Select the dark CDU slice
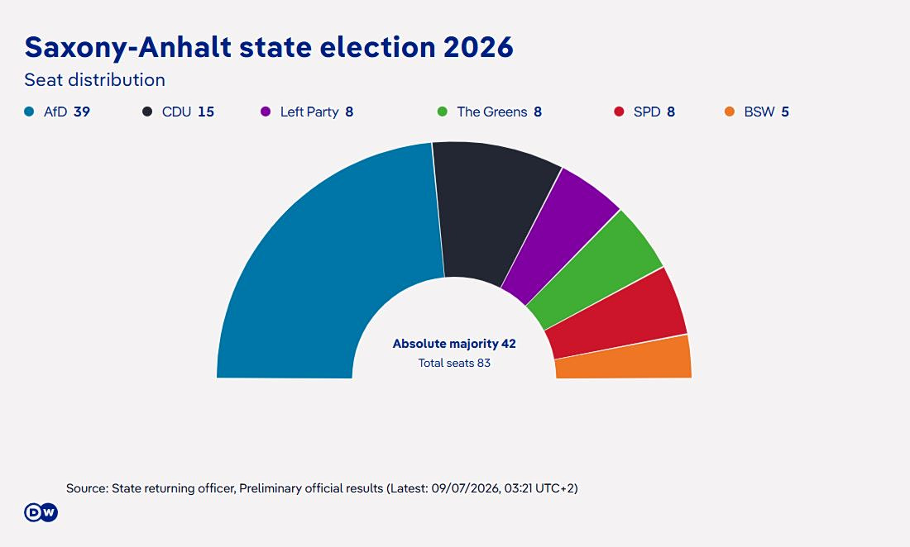493,214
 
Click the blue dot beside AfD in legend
29,112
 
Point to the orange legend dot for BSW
730,112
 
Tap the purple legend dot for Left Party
266,112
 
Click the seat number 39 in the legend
82,112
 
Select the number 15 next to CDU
206,112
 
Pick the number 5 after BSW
785,112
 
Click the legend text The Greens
492,112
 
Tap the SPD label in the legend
647,112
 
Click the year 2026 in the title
479,47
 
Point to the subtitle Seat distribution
94,79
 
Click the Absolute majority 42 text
454,344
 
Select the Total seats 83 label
454,363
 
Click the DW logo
41,512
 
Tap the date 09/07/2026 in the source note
465,488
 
